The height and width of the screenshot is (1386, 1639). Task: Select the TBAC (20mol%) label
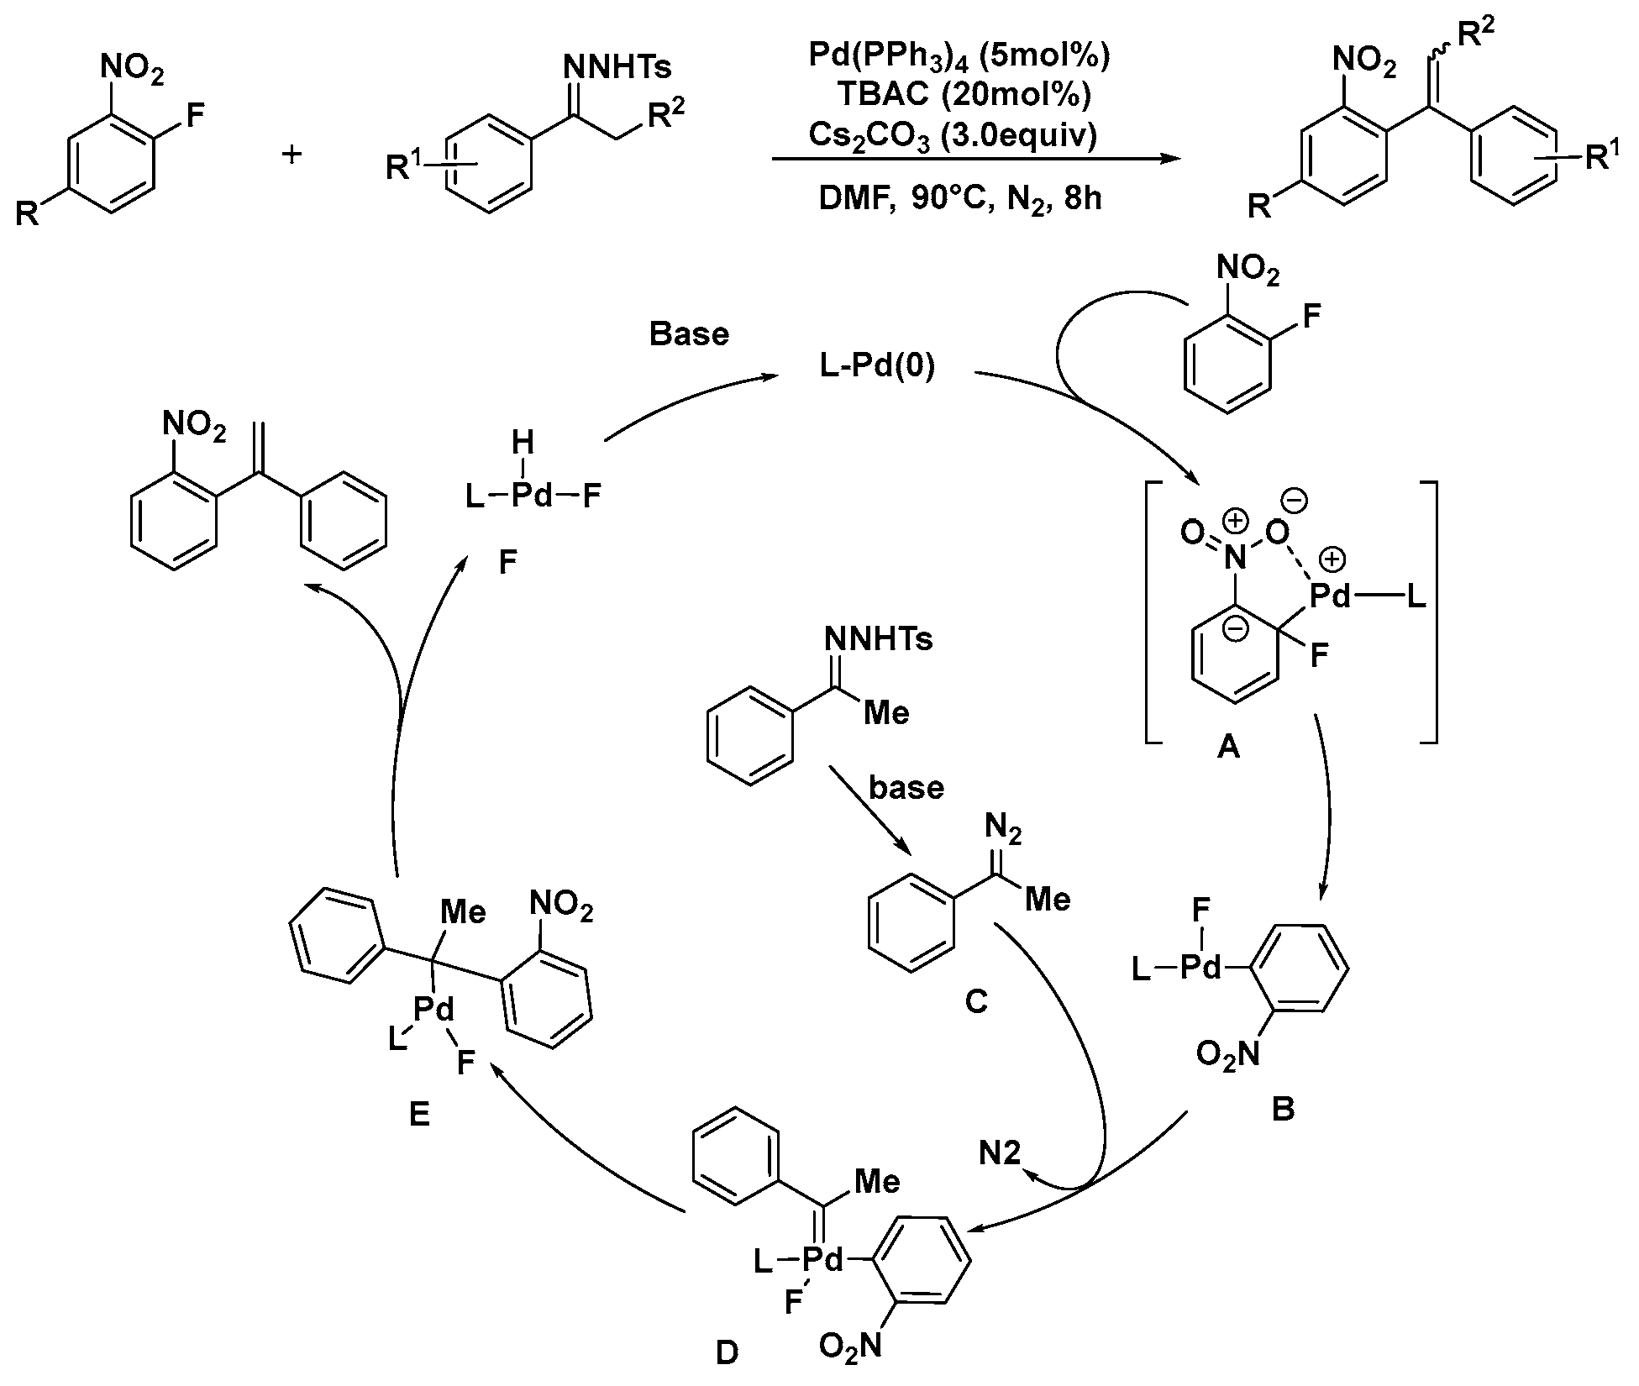click(x=959, y=95)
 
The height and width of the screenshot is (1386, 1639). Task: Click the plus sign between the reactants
click(x=292, y=155)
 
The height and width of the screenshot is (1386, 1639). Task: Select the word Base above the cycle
click(x=689, y=334)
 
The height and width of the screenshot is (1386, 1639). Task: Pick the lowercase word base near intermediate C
click(x=906, y=788)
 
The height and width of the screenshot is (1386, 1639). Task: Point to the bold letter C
click(x=975, y=1001)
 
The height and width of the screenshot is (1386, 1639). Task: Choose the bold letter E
click(x=418, y=1115)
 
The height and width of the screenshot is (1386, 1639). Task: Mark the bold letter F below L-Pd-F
click(x=507, y=562)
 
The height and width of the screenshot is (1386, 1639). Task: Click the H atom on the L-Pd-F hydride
click(x=523, y=442)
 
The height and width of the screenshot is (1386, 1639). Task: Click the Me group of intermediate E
click(x=463, y=913)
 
